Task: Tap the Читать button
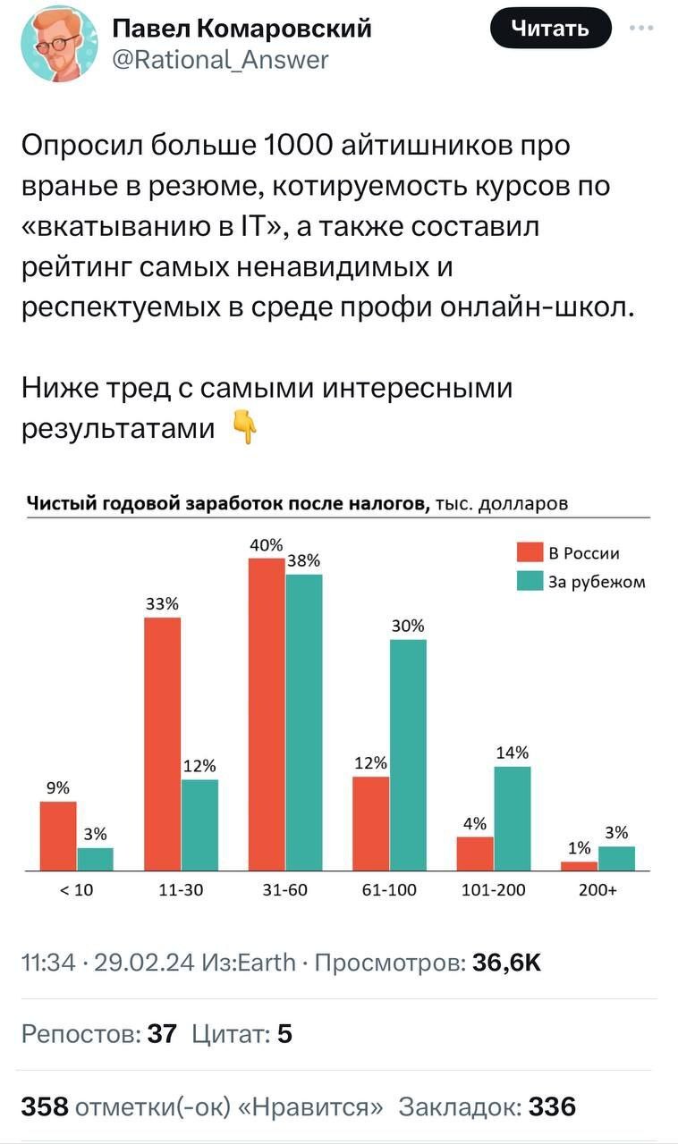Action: coord(550,28)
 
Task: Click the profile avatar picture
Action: coord(58,43)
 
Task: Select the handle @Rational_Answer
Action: coord(220,60)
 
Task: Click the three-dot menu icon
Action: coord(641,28)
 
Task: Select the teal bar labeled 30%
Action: coord(408,754)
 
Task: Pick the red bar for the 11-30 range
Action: coord(162,743)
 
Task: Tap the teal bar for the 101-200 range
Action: coord(512,818)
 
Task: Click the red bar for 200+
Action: coord(579,865)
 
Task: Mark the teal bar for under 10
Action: coord(95,859)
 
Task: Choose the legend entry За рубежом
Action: coord(580,583)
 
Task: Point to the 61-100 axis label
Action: coord(389,890)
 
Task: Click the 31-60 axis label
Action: coord(284,890)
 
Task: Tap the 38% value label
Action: coord(303,561)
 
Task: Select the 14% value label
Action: coord(512,753)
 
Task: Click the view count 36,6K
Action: coord(506,962)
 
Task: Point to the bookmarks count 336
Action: coord(552,1106)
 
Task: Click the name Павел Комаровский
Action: coord(242,29)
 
